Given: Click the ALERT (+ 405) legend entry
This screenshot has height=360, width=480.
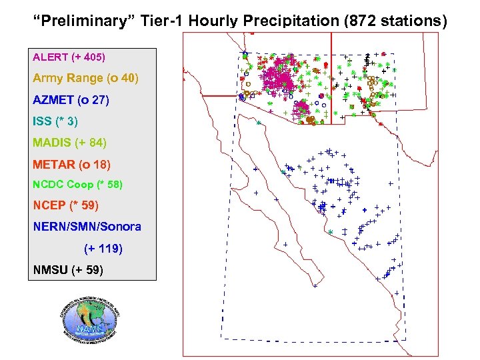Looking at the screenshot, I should tap(69, 57).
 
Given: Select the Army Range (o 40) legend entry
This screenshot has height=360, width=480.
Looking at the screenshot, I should tap(85, 79).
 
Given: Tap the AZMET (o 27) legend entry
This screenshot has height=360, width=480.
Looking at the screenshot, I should tap(71, 101).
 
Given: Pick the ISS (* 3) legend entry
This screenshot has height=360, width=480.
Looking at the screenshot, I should tap(55, 121).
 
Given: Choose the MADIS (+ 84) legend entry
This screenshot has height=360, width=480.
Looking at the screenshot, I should tap(69, 143).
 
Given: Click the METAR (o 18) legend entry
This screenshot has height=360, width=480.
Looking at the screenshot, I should tap(71, 164).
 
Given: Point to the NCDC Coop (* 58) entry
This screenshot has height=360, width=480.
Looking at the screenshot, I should tap(77, 184).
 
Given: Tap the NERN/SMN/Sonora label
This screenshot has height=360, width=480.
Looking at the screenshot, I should tap(87, 227).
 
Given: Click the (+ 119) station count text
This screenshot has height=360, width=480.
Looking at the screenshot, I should tap(103, 249).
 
